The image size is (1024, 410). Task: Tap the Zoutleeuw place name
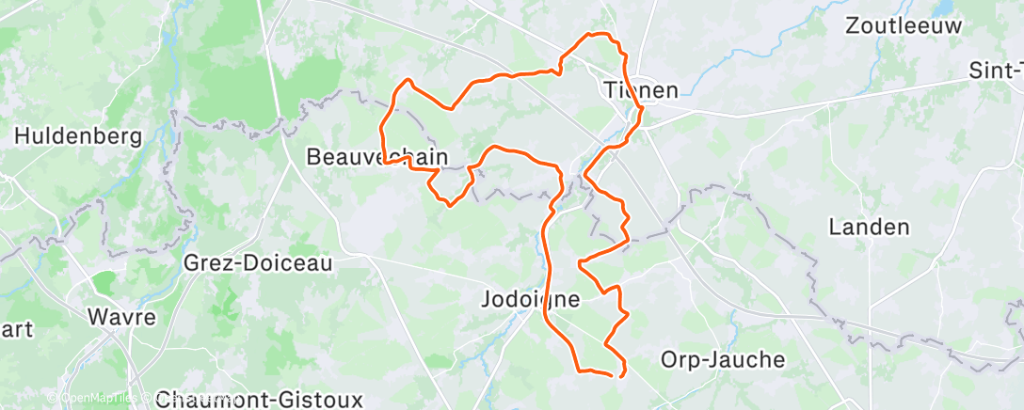[904, 25]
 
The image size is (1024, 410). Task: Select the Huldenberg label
[78, 136]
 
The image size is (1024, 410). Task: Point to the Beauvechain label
[376, 157]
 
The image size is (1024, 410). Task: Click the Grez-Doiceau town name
[258, 263]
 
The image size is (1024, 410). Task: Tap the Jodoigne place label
[530, 300]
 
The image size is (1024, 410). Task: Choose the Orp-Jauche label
[722, 359]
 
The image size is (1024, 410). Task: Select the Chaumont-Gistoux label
[259, 400]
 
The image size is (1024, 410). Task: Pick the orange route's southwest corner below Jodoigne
[578, 371]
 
